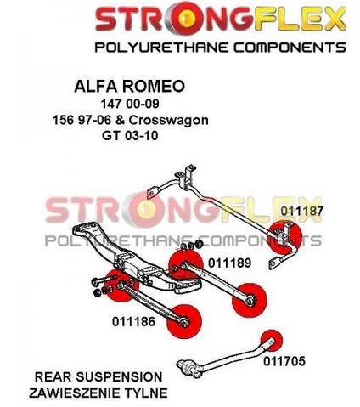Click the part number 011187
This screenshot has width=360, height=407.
pyautogui.click(x=301, y=211)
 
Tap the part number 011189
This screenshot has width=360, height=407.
pyautogui.click(x=229, y=263)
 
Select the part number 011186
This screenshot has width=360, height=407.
pyautogui.click(x=133, y=322)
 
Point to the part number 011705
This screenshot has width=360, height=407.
pyautogui.click(x=284, y=361)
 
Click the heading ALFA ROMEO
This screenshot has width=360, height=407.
pyautogui.click(x=129, y=86)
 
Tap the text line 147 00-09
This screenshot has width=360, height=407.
pyautogui.click(x=130, y=104)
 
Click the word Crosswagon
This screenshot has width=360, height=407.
pyautogui.click(x=169, y=120)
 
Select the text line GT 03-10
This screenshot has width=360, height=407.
pyautogui.click(x=130, y=136)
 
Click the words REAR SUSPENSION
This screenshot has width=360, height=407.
pyautogui.click(x=98, y=377)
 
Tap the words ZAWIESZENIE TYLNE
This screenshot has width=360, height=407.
pyautogui.click(x=98, y=393)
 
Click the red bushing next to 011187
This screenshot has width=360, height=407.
pyautogui.click(x=284, y=237)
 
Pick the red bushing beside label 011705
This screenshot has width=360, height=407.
pyautogui.click(x=272, y=340)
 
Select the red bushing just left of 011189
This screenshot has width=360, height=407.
pyautogui.click(x=185, y=265)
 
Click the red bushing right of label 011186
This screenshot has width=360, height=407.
pyautogui.click(x=184, y=321)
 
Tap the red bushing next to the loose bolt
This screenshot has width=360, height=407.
pyautogui.click(x=121, y=285)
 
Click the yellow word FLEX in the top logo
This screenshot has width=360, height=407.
pyautogui.click(x=300, y=19)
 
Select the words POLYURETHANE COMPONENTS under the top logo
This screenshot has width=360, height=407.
pyautogui.click(x=220, y=47)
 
